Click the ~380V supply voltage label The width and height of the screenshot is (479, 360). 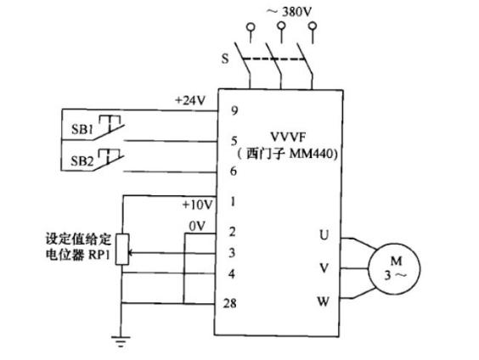click(289, 12)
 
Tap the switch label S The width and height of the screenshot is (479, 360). click(225, 58)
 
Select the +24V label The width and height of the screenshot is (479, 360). click(190, 100)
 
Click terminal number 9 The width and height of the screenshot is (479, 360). click(234, 110)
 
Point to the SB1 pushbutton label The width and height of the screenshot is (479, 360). click(82, 129)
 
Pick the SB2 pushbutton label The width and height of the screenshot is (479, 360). click(82, 160)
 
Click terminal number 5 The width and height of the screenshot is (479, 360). click(234, 141)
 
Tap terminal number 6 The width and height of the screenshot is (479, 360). click(234, 171)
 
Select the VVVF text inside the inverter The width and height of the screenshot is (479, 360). click(288, 137)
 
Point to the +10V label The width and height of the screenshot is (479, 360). click(197, 205)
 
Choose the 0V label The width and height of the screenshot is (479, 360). click(197, 226)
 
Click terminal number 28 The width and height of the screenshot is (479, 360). click(229, 303)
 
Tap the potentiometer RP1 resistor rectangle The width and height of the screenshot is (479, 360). click(122, 249)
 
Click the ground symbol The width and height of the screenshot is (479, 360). click(121, 341)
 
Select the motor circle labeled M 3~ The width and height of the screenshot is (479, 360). click(394, 268)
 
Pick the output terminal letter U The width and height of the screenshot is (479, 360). click(324, 235)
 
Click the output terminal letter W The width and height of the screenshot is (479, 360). click(324, 301)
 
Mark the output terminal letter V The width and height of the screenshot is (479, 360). click(324, 267)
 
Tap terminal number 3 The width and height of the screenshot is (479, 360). click(232, 253)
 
